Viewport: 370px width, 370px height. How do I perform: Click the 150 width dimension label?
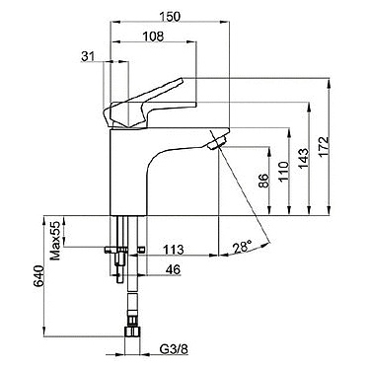[171, 17]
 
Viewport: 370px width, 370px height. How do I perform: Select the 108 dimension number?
[154, 37]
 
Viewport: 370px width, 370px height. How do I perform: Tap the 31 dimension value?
[88, 56]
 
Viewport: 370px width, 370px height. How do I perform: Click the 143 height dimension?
[304, 159]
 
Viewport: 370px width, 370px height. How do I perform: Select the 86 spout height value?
[263, 181]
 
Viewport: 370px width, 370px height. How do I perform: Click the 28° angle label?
[243, 247]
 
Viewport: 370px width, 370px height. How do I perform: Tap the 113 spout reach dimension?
[174, 250]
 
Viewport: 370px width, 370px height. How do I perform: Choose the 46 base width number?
[173, 269]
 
